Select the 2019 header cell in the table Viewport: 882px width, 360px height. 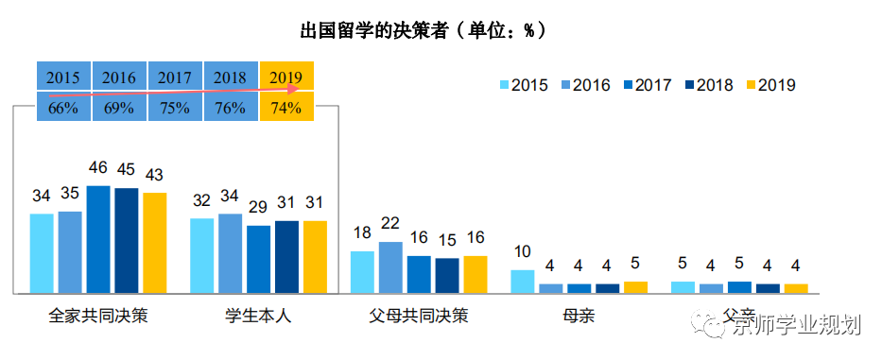click(286, 77)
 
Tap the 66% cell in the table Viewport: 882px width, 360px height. click(63, 108)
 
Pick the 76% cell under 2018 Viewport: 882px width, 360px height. click(231, 108)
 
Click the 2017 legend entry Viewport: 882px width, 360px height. click(645, 85)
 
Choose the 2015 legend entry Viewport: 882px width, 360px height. click(524, 85)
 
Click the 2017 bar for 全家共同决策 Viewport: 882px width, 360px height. click(98, 239)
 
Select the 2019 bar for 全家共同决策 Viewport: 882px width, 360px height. click(154, 243)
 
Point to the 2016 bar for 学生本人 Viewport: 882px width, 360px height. click(230, 253)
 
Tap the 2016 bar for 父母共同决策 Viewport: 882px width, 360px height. click(390, 267)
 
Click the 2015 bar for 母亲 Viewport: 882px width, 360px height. click(523, 282)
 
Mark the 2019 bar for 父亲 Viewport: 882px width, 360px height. click(796, 288)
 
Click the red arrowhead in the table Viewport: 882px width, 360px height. click(294, 91)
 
